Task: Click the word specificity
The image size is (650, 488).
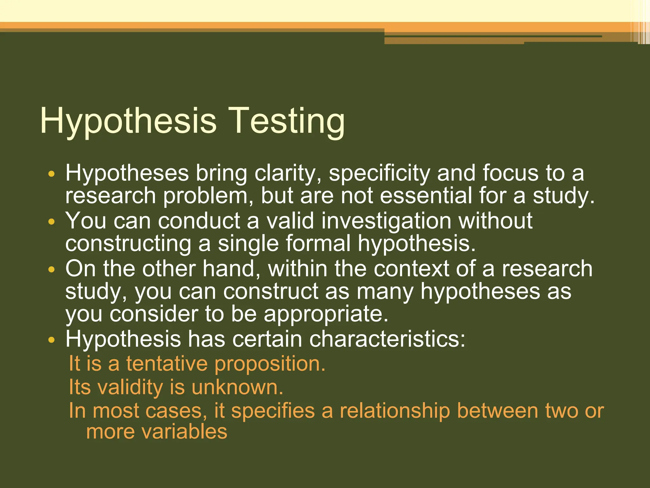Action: click(379, 174)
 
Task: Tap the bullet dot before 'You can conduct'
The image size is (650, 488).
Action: click(52, 221)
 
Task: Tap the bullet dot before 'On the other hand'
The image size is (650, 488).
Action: click(52, 269)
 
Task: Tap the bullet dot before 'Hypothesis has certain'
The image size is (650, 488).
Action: click(52, 340)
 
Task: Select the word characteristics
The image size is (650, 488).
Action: click(387, 339)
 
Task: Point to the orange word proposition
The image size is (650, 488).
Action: click(270, 364)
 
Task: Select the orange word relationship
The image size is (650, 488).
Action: click(395, 410)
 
